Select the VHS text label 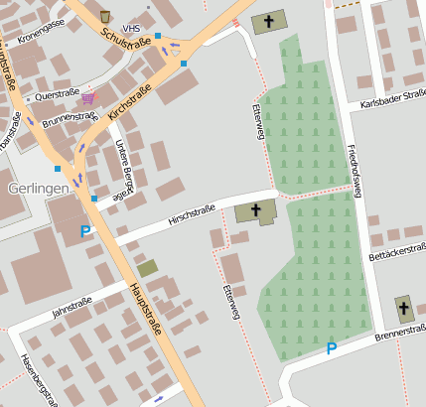click(131, 29)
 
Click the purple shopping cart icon click(89, 97)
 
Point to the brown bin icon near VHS click(105, 17)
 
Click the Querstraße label click(56, 97)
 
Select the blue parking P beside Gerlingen click(85, 231)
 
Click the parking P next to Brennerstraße click(332, 348)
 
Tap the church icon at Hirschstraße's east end click(256, 209)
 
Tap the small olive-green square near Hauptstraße click(147, 267)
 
